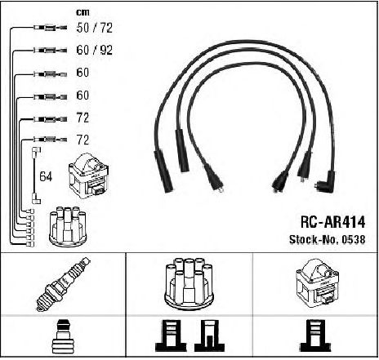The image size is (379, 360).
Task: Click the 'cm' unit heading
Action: pyautogui.click(x=82, y=12)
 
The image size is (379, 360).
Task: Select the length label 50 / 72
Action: pyautogui.click(x=94, y=28)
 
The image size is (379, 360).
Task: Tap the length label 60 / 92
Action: pyautogui.click(x=94, y=50)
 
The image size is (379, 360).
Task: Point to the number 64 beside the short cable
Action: pyautogui.click(x=46, y=176)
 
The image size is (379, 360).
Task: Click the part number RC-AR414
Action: pyautogui.click(x=332, y=222)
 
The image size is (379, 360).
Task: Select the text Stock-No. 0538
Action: pyautogui.click(x=327, y=239)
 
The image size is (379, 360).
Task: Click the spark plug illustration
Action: pyautogui.click(x=63, y=284)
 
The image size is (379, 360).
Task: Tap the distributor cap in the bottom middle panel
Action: pyautogui.click(x=189, y=283)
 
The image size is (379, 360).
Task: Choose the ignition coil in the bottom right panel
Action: pyautogui.click(x=317, y=283)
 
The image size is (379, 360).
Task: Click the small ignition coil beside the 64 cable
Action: pyautogui.click(x=89, y=176)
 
